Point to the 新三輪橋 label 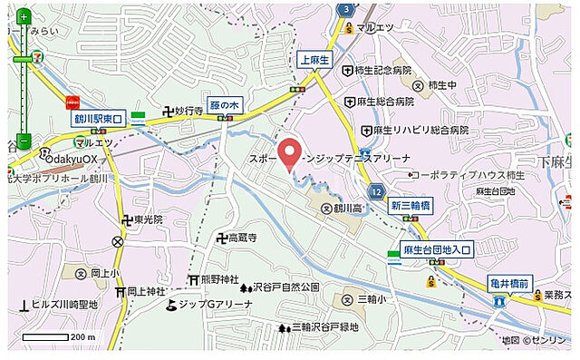(x=408, y=206)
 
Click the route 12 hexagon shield (x=375, y=192)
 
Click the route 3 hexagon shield (x=346, y=9)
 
